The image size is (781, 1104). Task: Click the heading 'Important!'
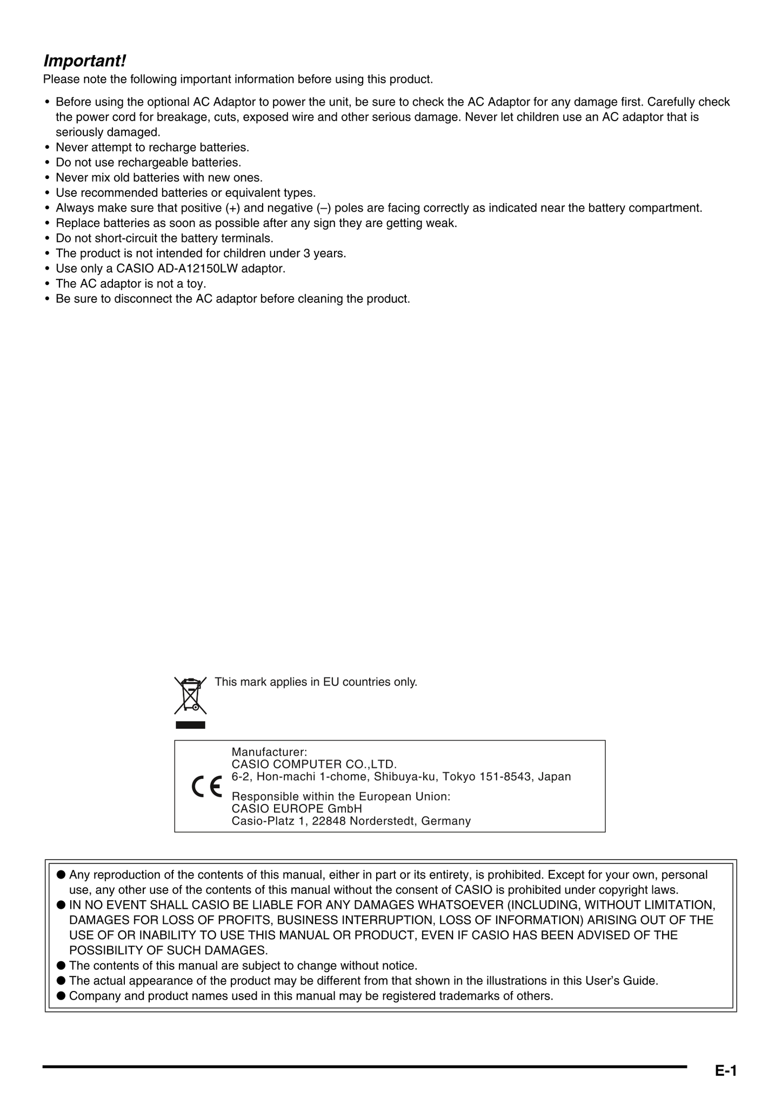coord(85,60)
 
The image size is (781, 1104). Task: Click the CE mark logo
coord(207,787)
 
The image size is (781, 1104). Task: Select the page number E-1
coord(726,1070)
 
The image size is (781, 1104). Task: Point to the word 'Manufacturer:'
coord(269,751)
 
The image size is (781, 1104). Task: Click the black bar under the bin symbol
coord(190,725)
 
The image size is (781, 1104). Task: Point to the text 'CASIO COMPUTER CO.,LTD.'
coord(314,764)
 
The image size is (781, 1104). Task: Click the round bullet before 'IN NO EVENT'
coord(61,905)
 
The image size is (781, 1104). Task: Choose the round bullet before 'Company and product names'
coord(61,996)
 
